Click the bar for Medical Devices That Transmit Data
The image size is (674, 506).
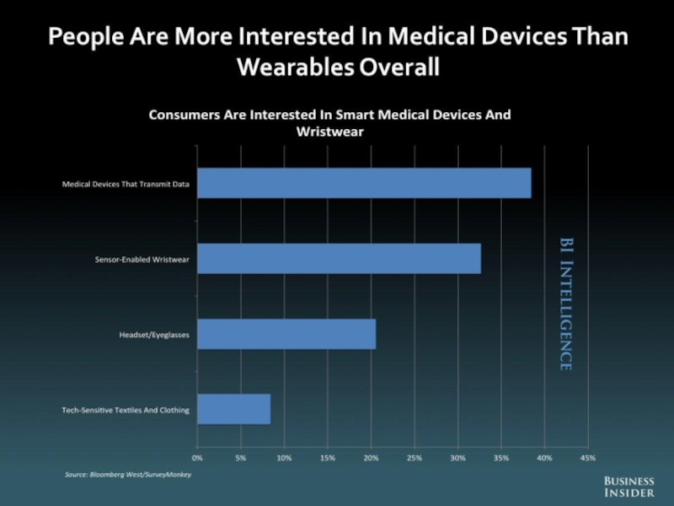coord(364,183)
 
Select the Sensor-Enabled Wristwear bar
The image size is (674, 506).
coord(339,258)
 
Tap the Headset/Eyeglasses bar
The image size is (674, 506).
coord(286,335)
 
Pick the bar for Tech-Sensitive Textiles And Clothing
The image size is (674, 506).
coord(234,410)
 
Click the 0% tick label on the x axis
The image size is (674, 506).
coord(197,458)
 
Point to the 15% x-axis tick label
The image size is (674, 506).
coord(328,458)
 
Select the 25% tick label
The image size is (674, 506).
coord(415,458)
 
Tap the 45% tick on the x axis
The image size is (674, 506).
coord(588,458)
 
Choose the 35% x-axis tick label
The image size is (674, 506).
coord(501,458)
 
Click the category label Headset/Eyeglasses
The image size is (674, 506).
coord(154,335)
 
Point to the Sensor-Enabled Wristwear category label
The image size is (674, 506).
coord(142,259)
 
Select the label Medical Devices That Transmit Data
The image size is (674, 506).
coord(126,183)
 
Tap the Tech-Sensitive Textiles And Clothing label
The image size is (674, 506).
coord(126,411)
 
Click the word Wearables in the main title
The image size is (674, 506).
coord(292,67)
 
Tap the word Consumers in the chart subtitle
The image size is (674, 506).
coord(188,115)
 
